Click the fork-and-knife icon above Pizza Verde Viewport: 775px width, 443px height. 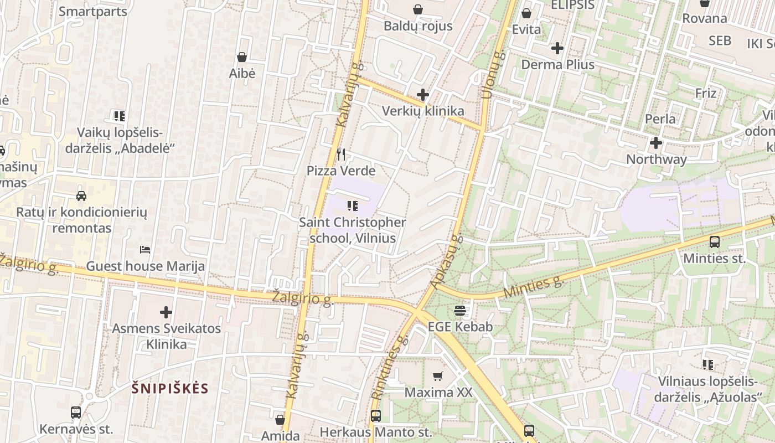tap(341, 154)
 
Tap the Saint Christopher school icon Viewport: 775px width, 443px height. tap(352, 207)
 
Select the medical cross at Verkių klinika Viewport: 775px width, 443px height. tap(423, 95)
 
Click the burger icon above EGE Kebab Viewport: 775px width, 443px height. tap(460, 311)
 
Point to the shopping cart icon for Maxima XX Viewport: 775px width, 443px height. tap(438, 377)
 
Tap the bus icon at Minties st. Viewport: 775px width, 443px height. tap(714, 242)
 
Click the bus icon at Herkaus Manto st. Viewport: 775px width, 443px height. tap(376, 416)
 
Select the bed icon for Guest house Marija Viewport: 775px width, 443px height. tap(145, 250)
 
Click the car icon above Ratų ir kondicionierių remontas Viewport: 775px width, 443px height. tap(81, 196)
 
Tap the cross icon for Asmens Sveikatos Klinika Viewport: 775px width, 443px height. tap(166, 312)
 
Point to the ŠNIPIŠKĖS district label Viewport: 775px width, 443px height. tap(170, 388)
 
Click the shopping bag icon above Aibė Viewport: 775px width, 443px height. tap(242, 57)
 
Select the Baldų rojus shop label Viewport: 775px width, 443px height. tap(418, 26)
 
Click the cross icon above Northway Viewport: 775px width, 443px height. tap(656, 143)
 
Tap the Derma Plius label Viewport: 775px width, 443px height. tap(557, 64)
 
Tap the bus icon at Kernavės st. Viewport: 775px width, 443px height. tap(76, 413)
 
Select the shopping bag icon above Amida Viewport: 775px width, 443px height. tap(280, 420)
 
